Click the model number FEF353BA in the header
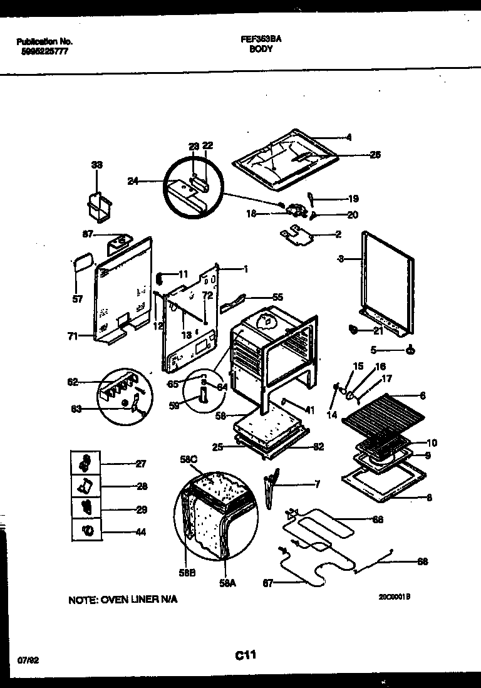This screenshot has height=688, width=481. (x=261, y=38)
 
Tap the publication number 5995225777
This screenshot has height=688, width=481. (x=42, y=51)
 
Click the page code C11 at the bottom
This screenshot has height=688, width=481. (x=246, y=655)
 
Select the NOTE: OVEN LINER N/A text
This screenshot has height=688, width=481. (x=123, y=600)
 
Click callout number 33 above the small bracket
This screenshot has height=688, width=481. (x=96, y=165)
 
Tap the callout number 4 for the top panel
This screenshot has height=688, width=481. (x=349, y=137)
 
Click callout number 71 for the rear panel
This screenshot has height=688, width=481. (x=73, y=336)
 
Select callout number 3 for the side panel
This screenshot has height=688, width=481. (x=340, y=258)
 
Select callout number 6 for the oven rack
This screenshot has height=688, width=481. (x=423, y=395)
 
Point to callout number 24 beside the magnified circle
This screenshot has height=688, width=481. (x=133, y=182)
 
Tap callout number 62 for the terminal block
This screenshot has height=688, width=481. (x=73, y=381)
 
